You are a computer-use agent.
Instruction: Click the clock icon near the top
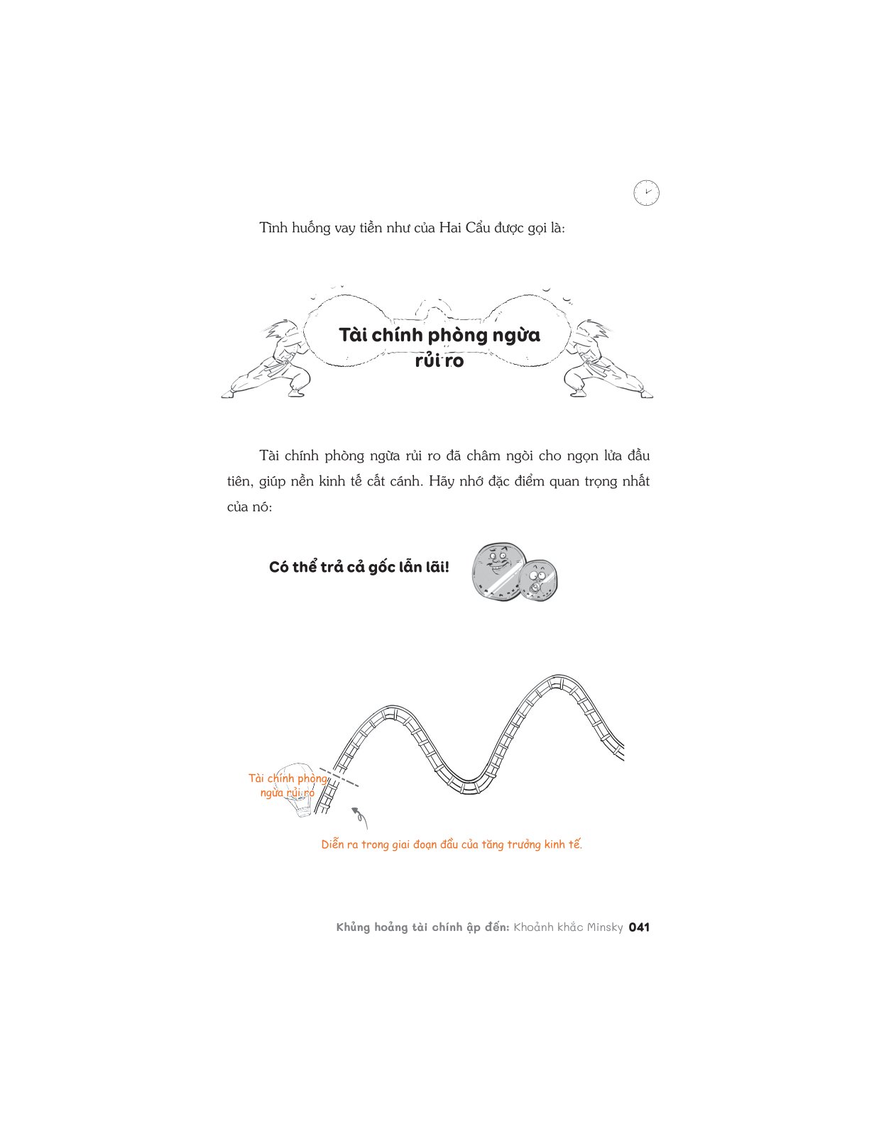[647, 193]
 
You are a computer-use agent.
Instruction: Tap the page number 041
[639, 927]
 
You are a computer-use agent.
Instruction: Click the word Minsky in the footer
[605, 927]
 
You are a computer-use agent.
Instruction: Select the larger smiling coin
[498, 572]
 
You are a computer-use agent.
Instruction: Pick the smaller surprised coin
[538, 581]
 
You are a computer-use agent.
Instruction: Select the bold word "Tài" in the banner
[354, 335]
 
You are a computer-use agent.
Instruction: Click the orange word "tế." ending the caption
[574, 844]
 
